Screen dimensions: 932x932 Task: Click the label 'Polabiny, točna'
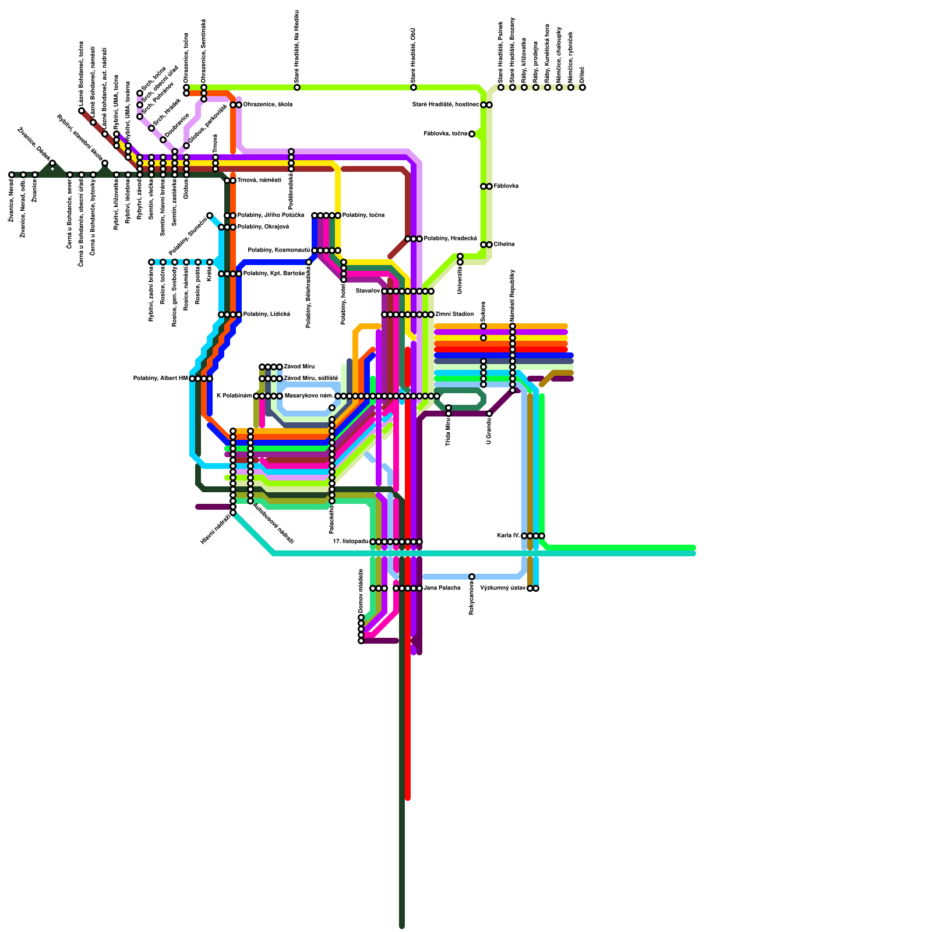363,216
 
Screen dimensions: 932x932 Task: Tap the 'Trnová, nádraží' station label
259,181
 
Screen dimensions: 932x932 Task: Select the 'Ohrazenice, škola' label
267,105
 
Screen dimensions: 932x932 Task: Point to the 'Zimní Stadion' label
454,315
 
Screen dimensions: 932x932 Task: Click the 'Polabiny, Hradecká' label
450,239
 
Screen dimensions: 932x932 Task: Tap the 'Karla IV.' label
509,536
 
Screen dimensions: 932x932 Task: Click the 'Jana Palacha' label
442,588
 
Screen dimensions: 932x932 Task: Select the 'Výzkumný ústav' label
503,588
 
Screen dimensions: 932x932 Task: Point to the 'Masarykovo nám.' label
308,396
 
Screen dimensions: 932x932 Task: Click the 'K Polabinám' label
234,396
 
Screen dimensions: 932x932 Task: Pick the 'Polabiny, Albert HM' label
160,379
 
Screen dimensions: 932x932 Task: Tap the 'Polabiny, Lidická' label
266,315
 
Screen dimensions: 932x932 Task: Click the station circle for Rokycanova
472,577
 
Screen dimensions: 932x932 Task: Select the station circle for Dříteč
582,87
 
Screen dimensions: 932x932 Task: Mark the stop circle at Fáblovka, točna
472,134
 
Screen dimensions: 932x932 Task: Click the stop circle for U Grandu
489,414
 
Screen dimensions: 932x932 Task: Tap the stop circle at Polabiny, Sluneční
210,216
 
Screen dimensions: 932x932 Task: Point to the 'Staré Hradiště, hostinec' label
446,105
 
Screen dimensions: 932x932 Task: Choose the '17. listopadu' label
350,542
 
